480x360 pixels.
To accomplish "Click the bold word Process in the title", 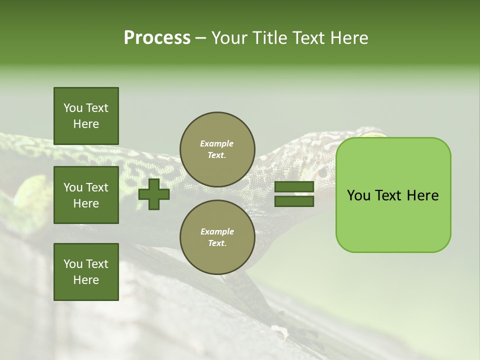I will coord(157,37).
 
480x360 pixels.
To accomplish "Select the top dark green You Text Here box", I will coord(86,116).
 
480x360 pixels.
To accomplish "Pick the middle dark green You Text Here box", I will coord(86,195).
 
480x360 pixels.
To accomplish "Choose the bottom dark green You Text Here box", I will coord(86,271).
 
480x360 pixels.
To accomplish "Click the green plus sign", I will coord(154,194).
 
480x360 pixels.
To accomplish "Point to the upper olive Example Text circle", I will coord(217,149).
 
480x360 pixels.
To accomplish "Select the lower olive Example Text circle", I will coord(217,237).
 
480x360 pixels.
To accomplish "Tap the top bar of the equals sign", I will coord(294,187).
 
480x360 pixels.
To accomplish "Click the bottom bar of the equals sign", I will coord(294,201).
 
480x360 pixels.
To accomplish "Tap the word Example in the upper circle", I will coord(217,143).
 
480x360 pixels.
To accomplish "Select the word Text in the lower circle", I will coord(216,243).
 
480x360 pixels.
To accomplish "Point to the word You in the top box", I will coord(73,108).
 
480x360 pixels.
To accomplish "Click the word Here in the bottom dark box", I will coord(86,280).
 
